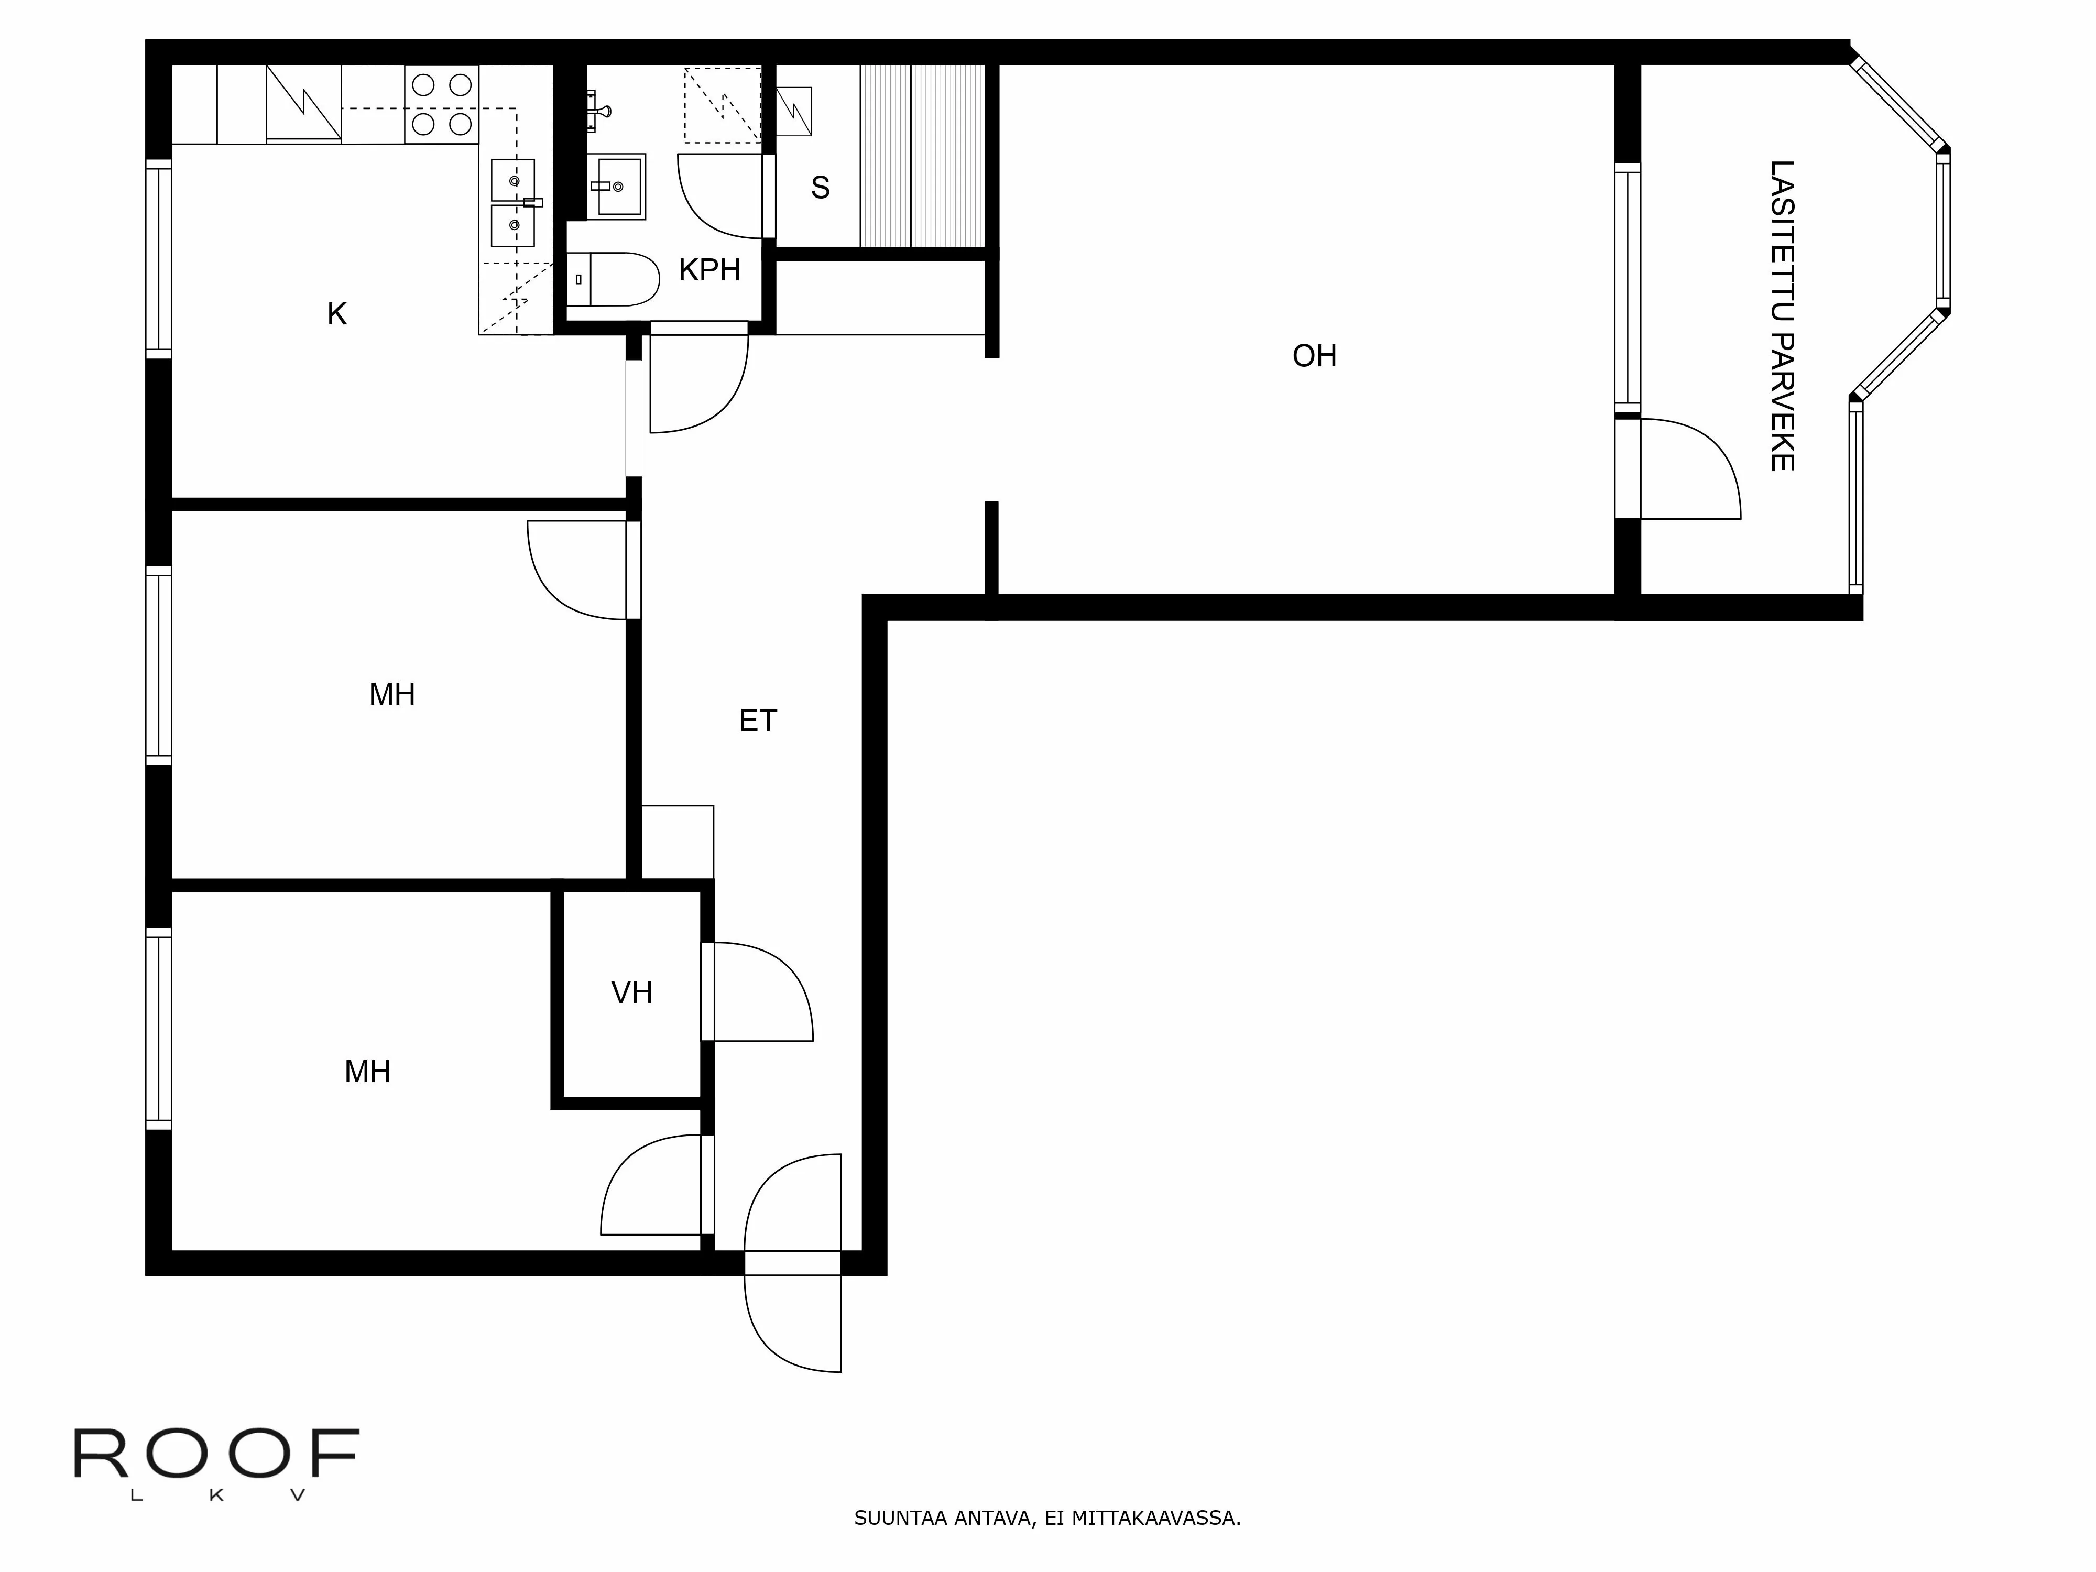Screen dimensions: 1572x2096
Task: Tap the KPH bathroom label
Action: [709, 270]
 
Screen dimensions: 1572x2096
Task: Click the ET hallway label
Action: [757, 721]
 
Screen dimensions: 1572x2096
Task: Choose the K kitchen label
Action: [336, 314]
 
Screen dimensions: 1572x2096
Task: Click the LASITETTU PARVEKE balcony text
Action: [1782, 315]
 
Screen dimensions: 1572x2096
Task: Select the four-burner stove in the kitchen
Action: [442, 104]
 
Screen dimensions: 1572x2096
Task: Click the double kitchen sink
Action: [512, 203]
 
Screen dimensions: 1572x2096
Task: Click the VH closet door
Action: [758, 991]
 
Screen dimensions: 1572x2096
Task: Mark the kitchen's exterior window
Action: [158, 259]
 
